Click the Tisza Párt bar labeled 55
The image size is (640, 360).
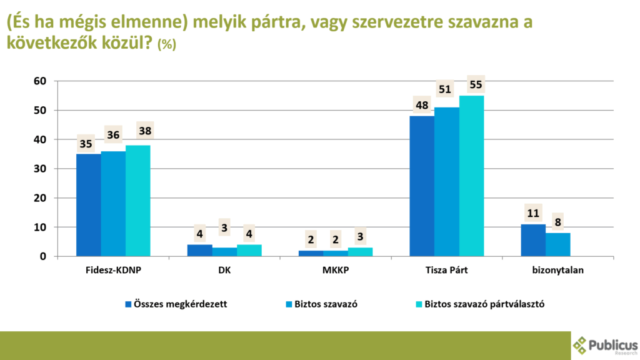471,176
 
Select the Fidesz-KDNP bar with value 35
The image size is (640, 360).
88,205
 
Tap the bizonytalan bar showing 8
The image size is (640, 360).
557,244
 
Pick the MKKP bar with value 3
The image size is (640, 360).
360,252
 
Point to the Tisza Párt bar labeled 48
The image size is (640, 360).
422,186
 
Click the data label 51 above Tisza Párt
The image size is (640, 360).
445,89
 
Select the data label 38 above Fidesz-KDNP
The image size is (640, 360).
146,131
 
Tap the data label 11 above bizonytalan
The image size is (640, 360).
533,213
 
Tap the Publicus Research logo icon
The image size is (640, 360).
581,346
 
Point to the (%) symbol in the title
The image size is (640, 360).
167,45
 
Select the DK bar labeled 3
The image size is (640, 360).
224,252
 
